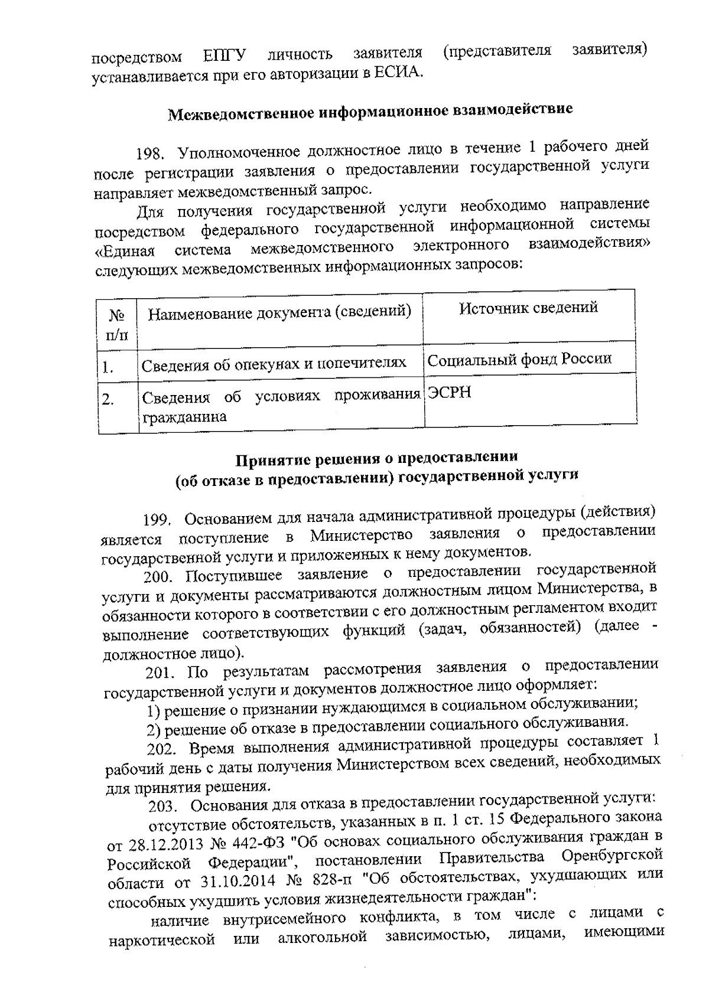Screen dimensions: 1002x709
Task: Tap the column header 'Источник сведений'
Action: tap(528, 307)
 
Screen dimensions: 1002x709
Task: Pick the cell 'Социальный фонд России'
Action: tap(519, 358)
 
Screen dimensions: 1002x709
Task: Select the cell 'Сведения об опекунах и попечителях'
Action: tap(274, 363)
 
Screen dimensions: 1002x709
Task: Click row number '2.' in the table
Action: tap(108, 400)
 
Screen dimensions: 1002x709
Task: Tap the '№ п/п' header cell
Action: tap(116, 324)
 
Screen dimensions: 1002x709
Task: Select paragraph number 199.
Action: tap(157, 520)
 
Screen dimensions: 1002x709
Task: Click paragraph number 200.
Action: tap(160, 576)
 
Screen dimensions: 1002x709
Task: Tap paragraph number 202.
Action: tap(162, 749)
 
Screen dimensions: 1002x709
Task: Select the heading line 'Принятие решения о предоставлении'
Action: tap(377, 458)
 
